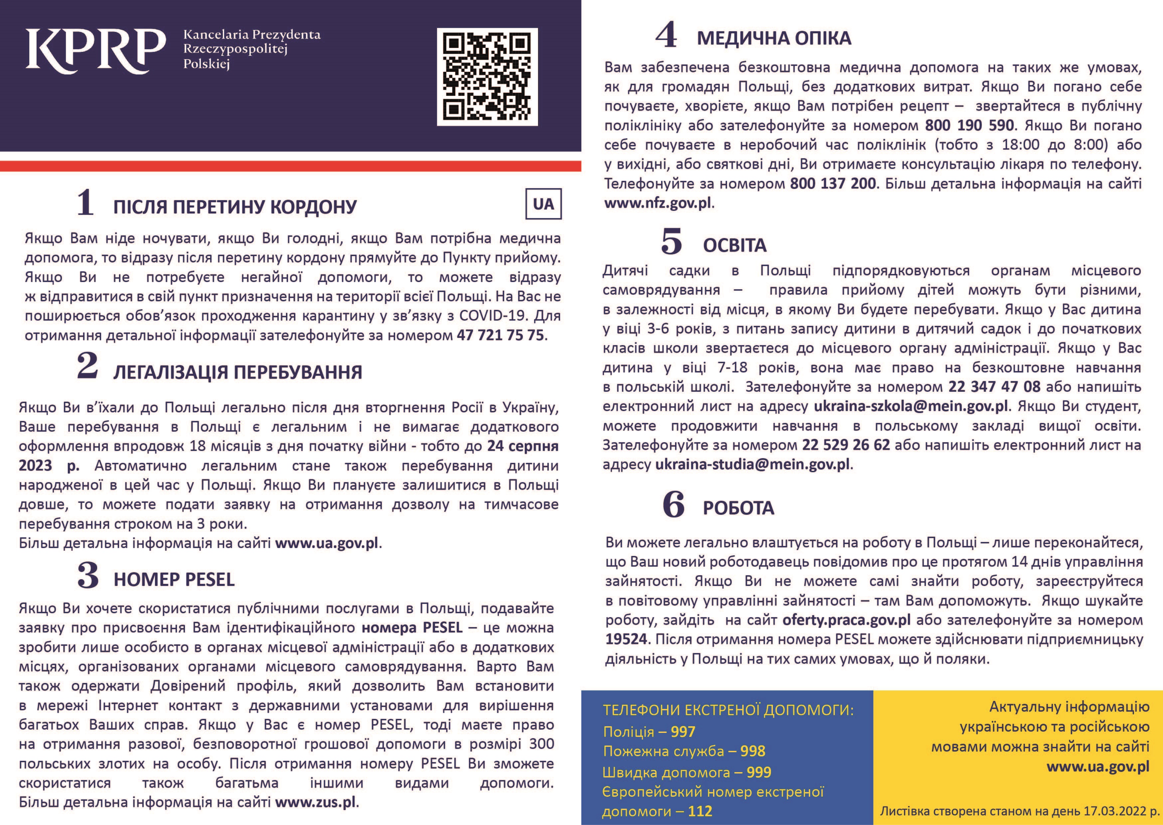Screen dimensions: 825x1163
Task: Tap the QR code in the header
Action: pos(487,77)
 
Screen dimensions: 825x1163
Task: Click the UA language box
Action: pos(543,204)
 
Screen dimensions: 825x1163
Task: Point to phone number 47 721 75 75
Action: pos(501,335)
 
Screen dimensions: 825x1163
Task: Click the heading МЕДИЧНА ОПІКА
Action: pos(774,39)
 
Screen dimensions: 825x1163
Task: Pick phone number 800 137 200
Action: pos(833,184)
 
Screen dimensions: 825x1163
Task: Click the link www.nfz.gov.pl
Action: pos(658,203)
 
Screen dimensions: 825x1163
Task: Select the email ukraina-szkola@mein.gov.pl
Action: pos(911,406)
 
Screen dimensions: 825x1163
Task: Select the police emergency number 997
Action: pos(683,732)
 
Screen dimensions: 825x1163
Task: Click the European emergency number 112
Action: pos(700,811)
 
